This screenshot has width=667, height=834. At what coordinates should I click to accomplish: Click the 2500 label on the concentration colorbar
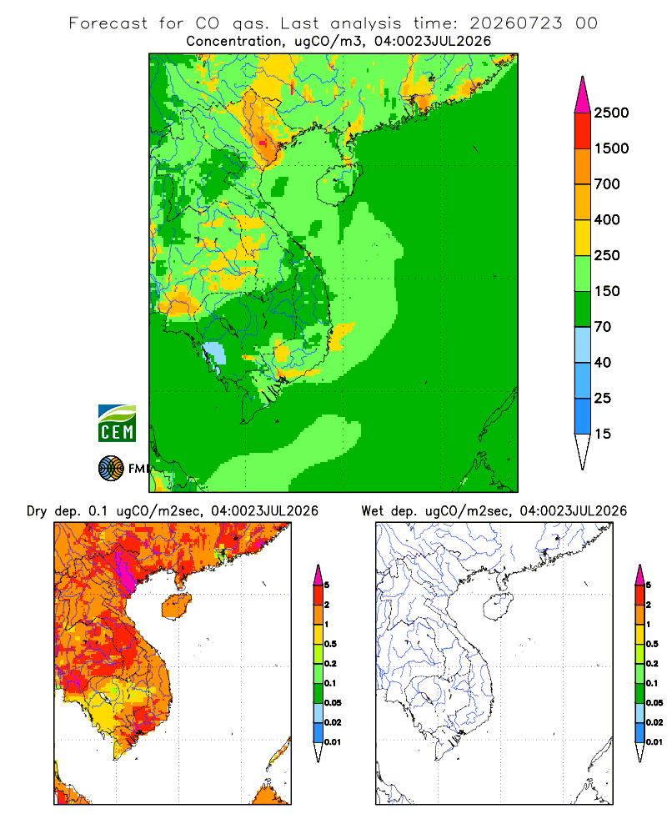(x=611, y=113)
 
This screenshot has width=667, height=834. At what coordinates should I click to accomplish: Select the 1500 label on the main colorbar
(x=611, y=148)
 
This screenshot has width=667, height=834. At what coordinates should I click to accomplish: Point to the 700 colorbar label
(x=607, y=184)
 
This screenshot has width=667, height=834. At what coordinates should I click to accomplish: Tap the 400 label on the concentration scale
(x=607, y=219)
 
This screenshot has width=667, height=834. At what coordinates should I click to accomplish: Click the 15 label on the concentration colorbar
(x=603, y=434)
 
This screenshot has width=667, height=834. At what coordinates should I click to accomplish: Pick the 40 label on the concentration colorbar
(x=603, y=363)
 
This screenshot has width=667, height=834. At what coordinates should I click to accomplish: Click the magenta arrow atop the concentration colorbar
(x=583, y=96)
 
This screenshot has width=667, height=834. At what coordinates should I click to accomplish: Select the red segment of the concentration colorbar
(x=583, y=131)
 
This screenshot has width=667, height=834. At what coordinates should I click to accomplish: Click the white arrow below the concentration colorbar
(x=583, y=451)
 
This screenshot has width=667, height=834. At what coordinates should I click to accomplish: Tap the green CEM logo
(x=117, y=424)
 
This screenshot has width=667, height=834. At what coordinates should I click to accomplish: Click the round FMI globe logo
(x=111, y=469)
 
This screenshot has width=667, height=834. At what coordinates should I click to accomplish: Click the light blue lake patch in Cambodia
(x=214, y=354)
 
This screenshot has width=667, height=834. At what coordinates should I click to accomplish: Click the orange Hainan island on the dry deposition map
(x=177, y=606)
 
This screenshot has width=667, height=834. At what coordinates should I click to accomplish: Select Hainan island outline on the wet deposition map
(x=499, y=606)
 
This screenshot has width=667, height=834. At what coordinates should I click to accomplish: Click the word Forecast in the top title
(x=108, y=23)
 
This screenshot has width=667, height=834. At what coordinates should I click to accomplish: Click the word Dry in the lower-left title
(x=37, y=512)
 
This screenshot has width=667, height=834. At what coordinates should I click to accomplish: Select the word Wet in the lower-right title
(x=372, y=511)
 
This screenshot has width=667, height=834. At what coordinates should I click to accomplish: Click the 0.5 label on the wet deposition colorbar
(x=652, y=644)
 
